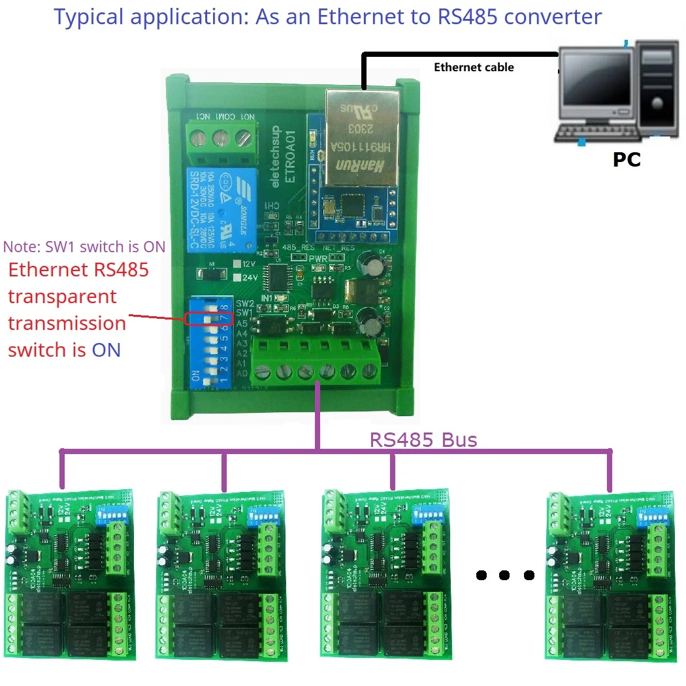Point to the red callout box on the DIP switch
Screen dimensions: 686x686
click(208, 318)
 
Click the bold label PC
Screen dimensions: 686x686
click(627, 159)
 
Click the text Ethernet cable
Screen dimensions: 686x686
click(474, 67)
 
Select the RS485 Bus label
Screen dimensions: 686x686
click(423, 440)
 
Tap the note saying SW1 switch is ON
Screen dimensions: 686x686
click(84, 247)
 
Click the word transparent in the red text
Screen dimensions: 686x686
click(62, 296)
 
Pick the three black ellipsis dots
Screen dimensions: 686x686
click(505, 576)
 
